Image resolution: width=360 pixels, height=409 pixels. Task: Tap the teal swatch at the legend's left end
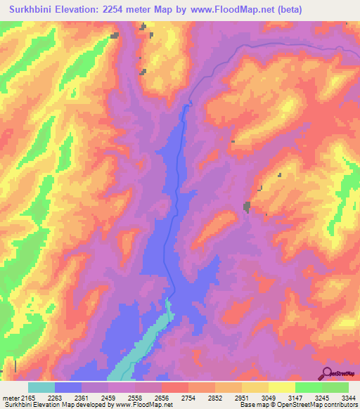coord(41,387)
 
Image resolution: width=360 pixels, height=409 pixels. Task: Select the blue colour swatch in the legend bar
coord(68,387)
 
